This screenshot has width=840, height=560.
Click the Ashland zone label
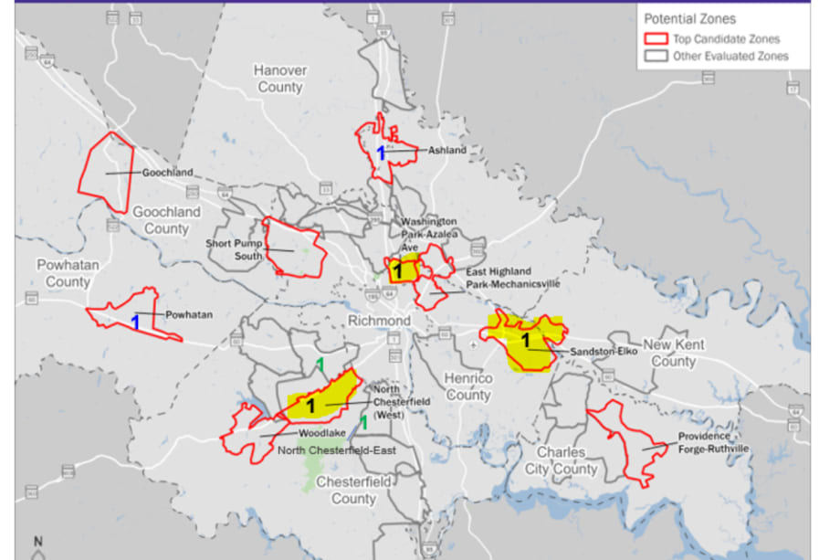tap(447, 150)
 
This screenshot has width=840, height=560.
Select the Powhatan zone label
tap(189, 315)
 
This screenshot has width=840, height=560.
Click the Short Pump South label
tap(234, 248)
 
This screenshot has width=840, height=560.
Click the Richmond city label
tap(379, 322)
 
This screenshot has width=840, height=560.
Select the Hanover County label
tap(279, 79)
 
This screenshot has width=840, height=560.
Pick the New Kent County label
tap(674, 353)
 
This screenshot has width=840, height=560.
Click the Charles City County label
tap(567, 461)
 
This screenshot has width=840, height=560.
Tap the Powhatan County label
tap(68, 273)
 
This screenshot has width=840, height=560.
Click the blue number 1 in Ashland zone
tap(382, 153)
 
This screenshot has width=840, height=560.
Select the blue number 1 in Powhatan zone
tap(135, 322)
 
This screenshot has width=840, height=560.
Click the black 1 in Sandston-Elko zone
tap(525, 341)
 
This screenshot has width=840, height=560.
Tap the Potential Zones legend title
tap(690, 18)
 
